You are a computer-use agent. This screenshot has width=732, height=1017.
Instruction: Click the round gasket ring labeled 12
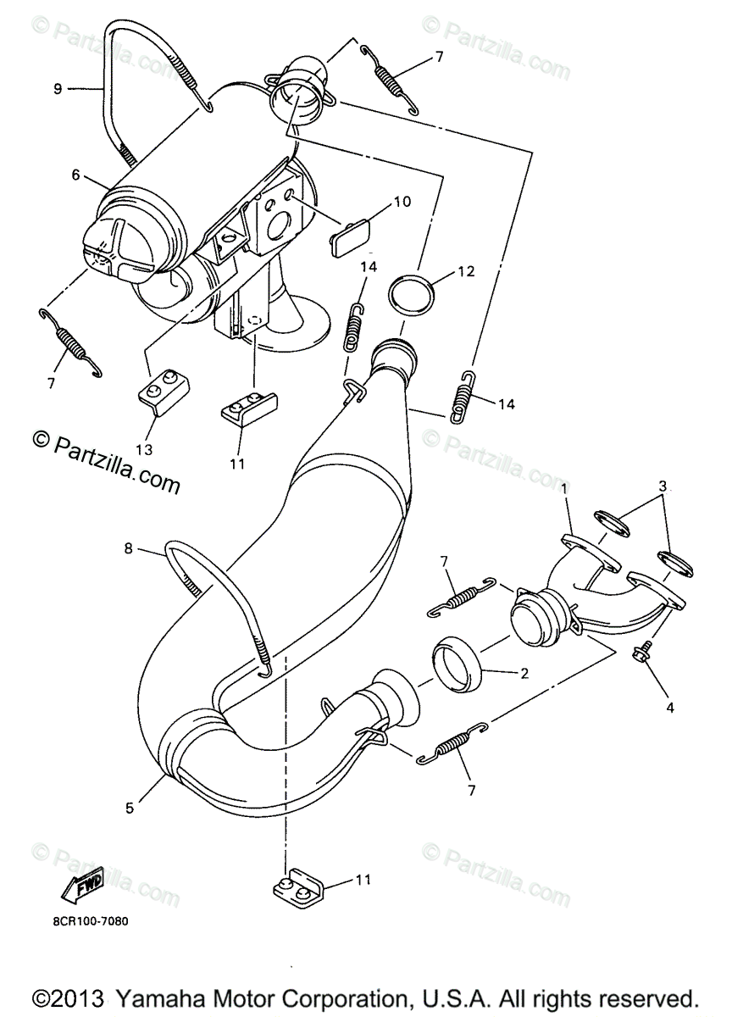(x=411, y=295)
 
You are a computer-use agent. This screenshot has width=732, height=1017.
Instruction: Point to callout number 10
(x=401, y=201)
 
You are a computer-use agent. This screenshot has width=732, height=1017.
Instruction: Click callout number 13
(x=144, y=449)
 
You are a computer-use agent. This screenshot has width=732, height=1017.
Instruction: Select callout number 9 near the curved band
(x=58, y=88)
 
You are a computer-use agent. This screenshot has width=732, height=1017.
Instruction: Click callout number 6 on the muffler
(x=75, y=175)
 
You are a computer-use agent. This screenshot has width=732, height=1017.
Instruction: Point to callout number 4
(x=670, y=707)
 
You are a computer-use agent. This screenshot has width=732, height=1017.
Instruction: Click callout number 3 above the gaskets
(x=663, y=486)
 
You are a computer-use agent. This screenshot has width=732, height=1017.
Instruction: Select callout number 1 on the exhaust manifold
(x=564, y=490)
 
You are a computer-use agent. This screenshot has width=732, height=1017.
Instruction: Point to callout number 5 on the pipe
(x=130, y=809)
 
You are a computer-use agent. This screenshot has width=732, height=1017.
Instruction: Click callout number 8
(x=129, y=548)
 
